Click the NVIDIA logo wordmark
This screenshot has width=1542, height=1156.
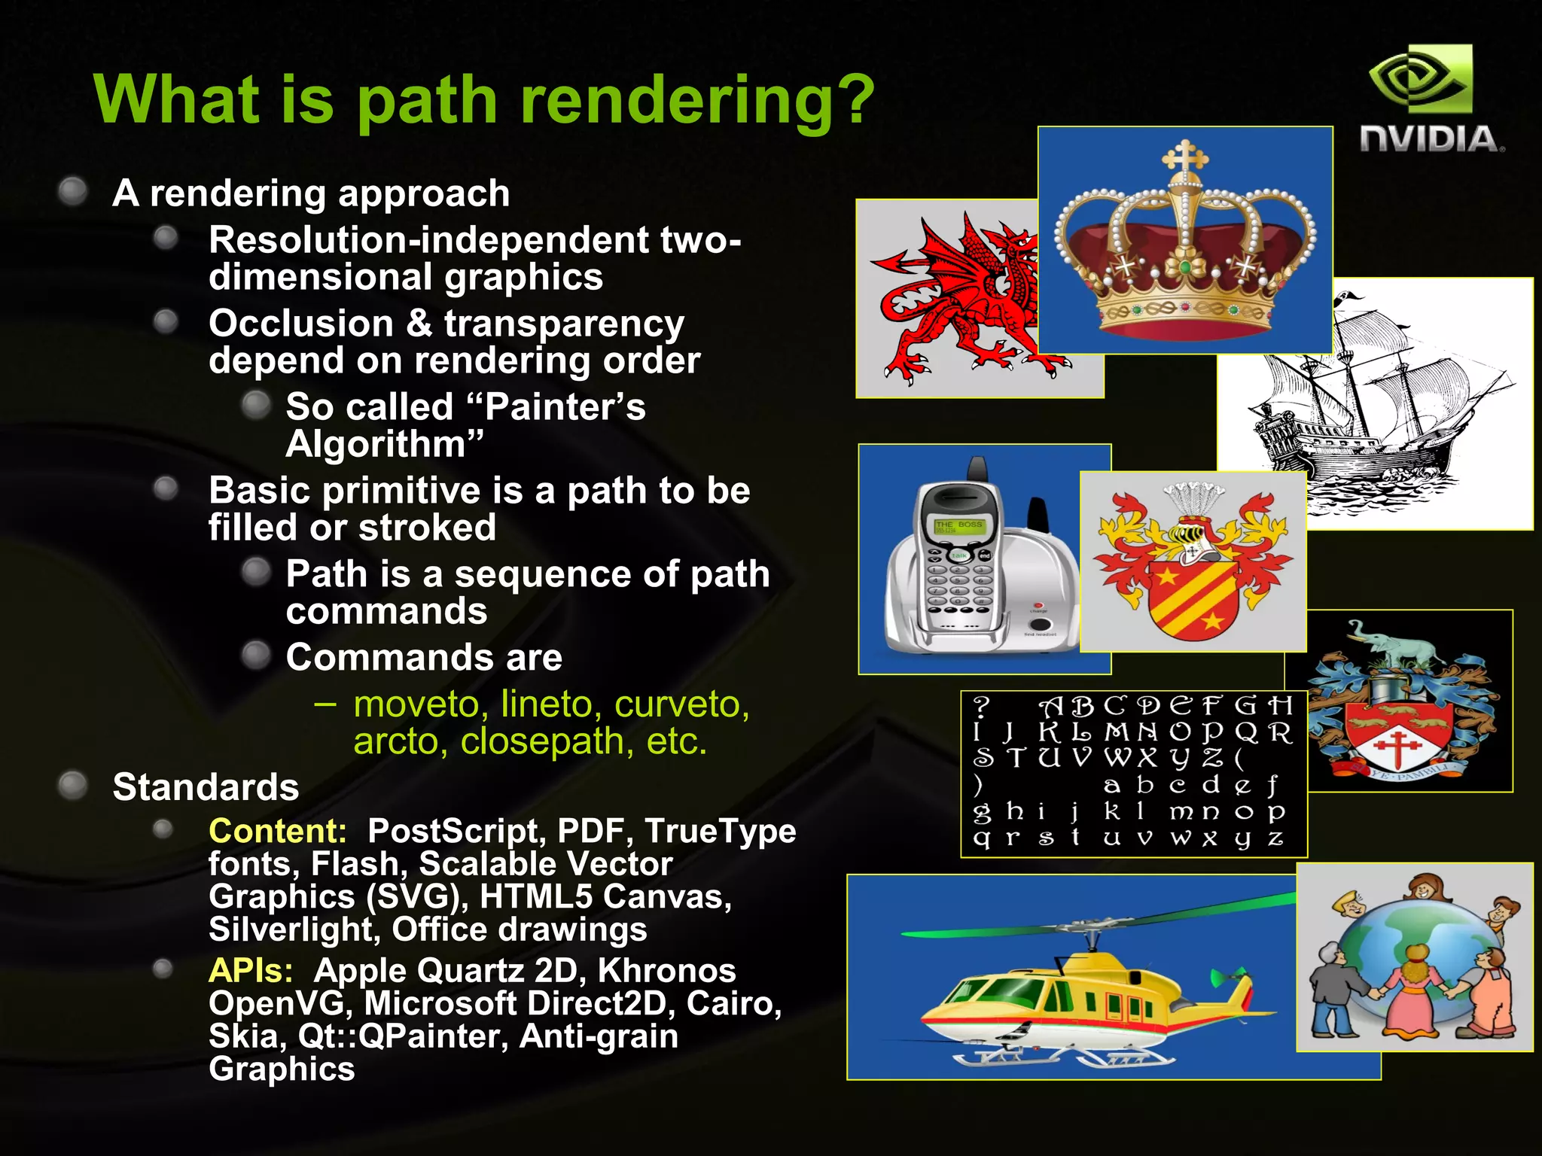tap(1430, 140)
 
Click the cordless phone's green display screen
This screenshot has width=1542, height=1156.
tap(958, 525)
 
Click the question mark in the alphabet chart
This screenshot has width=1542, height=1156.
tap(980, 706)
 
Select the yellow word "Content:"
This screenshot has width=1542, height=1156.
tap(277, 831)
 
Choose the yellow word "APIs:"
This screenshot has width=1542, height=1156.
tap(250, 971)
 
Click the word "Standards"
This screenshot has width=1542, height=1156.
tap(206, 787)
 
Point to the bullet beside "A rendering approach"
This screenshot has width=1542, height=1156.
tap(73, 191)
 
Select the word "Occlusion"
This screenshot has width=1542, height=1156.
tap(301, 324)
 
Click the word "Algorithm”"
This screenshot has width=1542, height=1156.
tap(384, 444)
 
